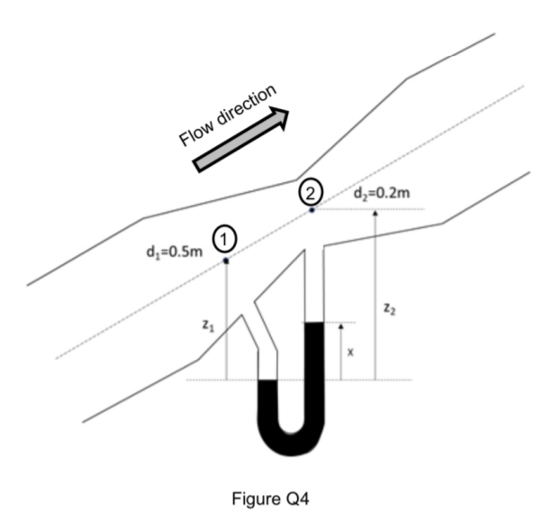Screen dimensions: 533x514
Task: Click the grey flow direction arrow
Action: click(x=240, y=140)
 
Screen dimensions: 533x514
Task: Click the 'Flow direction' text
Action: click(x=228, y=115)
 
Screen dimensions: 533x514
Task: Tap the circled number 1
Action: click(x=224, y=240)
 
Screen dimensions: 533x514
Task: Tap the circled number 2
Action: click(x=311, y=194)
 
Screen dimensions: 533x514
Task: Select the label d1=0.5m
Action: click(x=175, y=252)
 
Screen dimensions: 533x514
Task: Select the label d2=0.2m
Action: click(x=382, y=194)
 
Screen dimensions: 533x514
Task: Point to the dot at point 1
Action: click(x=226, y=262)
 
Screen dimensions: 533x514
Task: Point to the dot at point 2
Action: click(x=312, y=210)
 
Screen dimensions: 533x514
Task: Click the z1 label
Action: click(x=208, y=326)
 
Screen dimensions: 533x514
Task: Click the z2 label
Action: click(x=389, y=308)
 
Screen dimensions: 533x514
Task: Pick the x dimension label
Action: click(x=350, y=353)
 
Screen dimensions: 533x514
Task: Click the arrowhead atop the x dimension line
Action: click(x=341, y=326)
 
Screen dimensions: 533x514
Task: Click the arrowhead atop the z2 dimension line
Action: click(x=375, y=213)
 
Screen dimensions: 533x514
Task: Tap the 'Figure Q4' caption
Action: click(x=271, y=499)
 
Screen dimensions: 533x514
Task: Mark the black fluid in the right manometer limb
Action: click(x=314, y=371)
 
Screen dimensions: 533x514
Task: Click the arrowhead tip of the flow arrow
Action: click(x=289, y=111)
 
